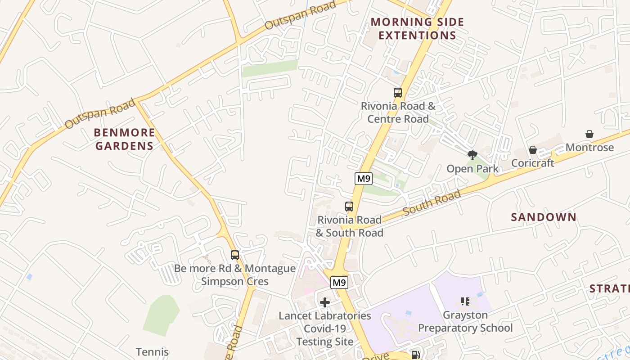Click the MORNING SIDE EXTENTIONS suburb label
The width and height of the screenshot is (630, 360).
(x=417, y=28)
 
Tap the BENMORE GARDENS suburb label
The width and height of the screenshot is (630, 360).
(x=125, y=139)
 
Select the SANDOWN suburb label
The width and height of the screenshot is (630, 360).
(x=544, y=217)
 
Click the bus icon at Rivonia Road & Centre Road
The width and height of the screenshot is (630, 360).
(x=398, y=93)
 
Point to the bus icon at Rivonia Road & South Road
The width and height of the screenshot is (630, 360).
(x=349, y=207)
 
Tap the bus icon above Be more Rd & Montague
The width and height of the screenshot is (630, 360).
(x=235, y=255)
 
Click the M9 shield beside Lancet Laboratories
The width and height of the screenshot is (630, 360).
(x=339, y=283)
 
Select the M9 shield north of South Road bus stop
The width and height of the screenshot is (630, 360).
(x=363, y=179)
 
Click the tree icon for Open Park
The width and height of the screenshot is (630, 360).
(x=472, y=155)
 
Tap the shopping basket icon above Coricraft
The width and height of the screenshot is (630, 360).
(x=533, y=149)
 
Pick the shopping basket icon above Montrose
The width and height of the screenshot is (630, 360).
(x=589, y=134)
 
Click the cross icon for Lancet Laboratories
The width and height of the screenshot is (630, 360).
(x=325, y=302)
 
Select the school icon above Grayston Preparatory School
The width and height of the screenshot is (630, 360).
(x=465, y=301)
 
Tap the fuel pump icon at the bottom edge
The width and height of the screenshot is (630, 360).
(x=415, y=355)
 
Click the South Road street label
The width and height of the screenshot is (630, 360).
(x=432, y=203)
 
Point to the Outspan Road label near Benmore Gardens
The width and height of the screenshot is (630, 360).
(x=99, y=113)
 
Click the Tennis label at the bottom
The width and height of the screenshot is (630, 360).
(x=153, y=352)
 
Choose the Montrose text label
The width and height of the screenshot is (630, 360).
(x=589, y=148)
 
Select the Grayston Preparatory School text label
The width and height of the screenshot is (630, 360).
(x=465, y=321)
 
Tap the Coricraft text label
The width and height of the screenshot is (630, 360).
(x=533, y=163)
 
